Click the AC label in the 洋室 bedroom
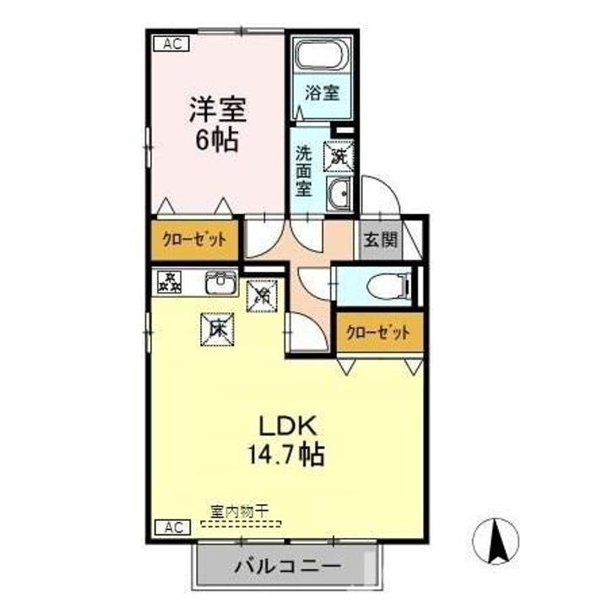170,43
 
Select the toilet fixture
386,286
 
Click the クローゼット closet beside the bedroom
194,239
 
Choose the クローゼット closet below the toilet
378,333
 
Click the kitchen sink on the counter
221,282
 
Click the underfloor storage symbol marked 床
217,328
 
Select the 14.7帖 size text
284,456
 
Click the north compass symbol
500,541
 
